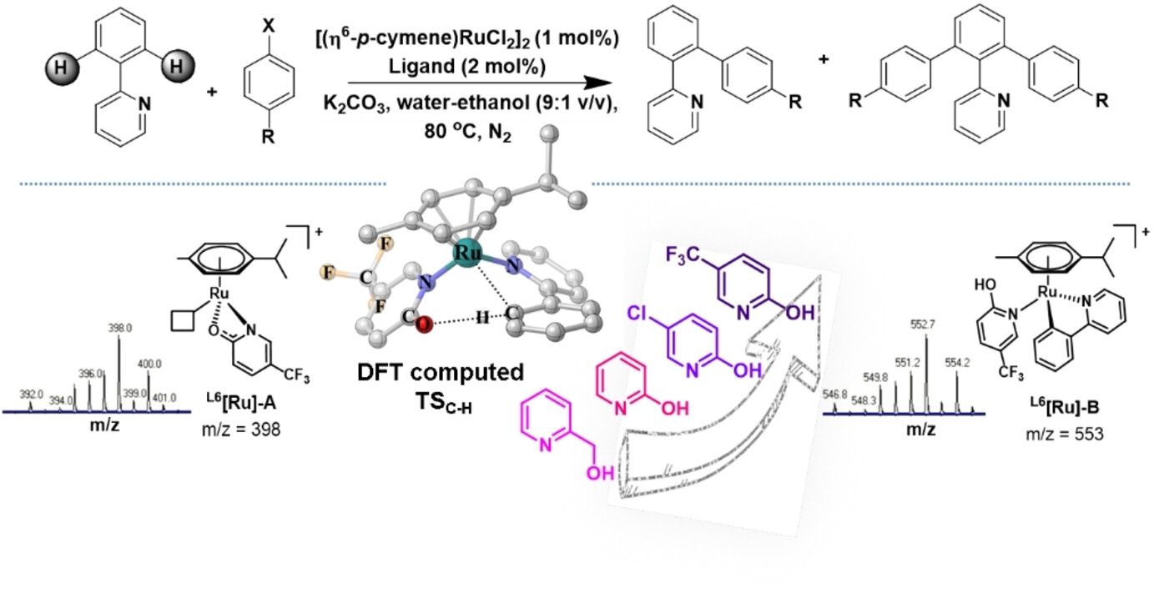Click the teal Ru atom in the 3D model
point(468,253)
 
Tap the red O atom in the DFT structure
point(424,324)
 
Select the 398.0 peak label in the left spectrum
point(120,328)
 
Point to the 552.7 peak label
point(922,324)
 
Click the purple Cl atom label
point(637,313)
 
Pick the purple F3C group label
point(683,254)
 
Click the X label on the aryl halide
point(269,25)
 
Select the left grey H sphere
point(61,68)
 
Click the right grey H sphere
point(177,66)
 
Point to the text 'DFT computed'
point(441,373)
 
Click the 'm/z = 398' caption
point(241,429)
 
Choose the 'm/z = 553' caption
point(1065,435)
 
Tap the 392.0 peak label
point(32,394)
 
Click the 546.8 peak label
point(835,395)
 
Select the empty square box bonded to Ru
point(183,320)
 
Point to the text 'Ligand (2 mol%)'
point(467,67)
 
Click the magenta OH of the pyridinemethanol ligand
point(601,473)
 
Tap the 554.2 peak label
point(957,363)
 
